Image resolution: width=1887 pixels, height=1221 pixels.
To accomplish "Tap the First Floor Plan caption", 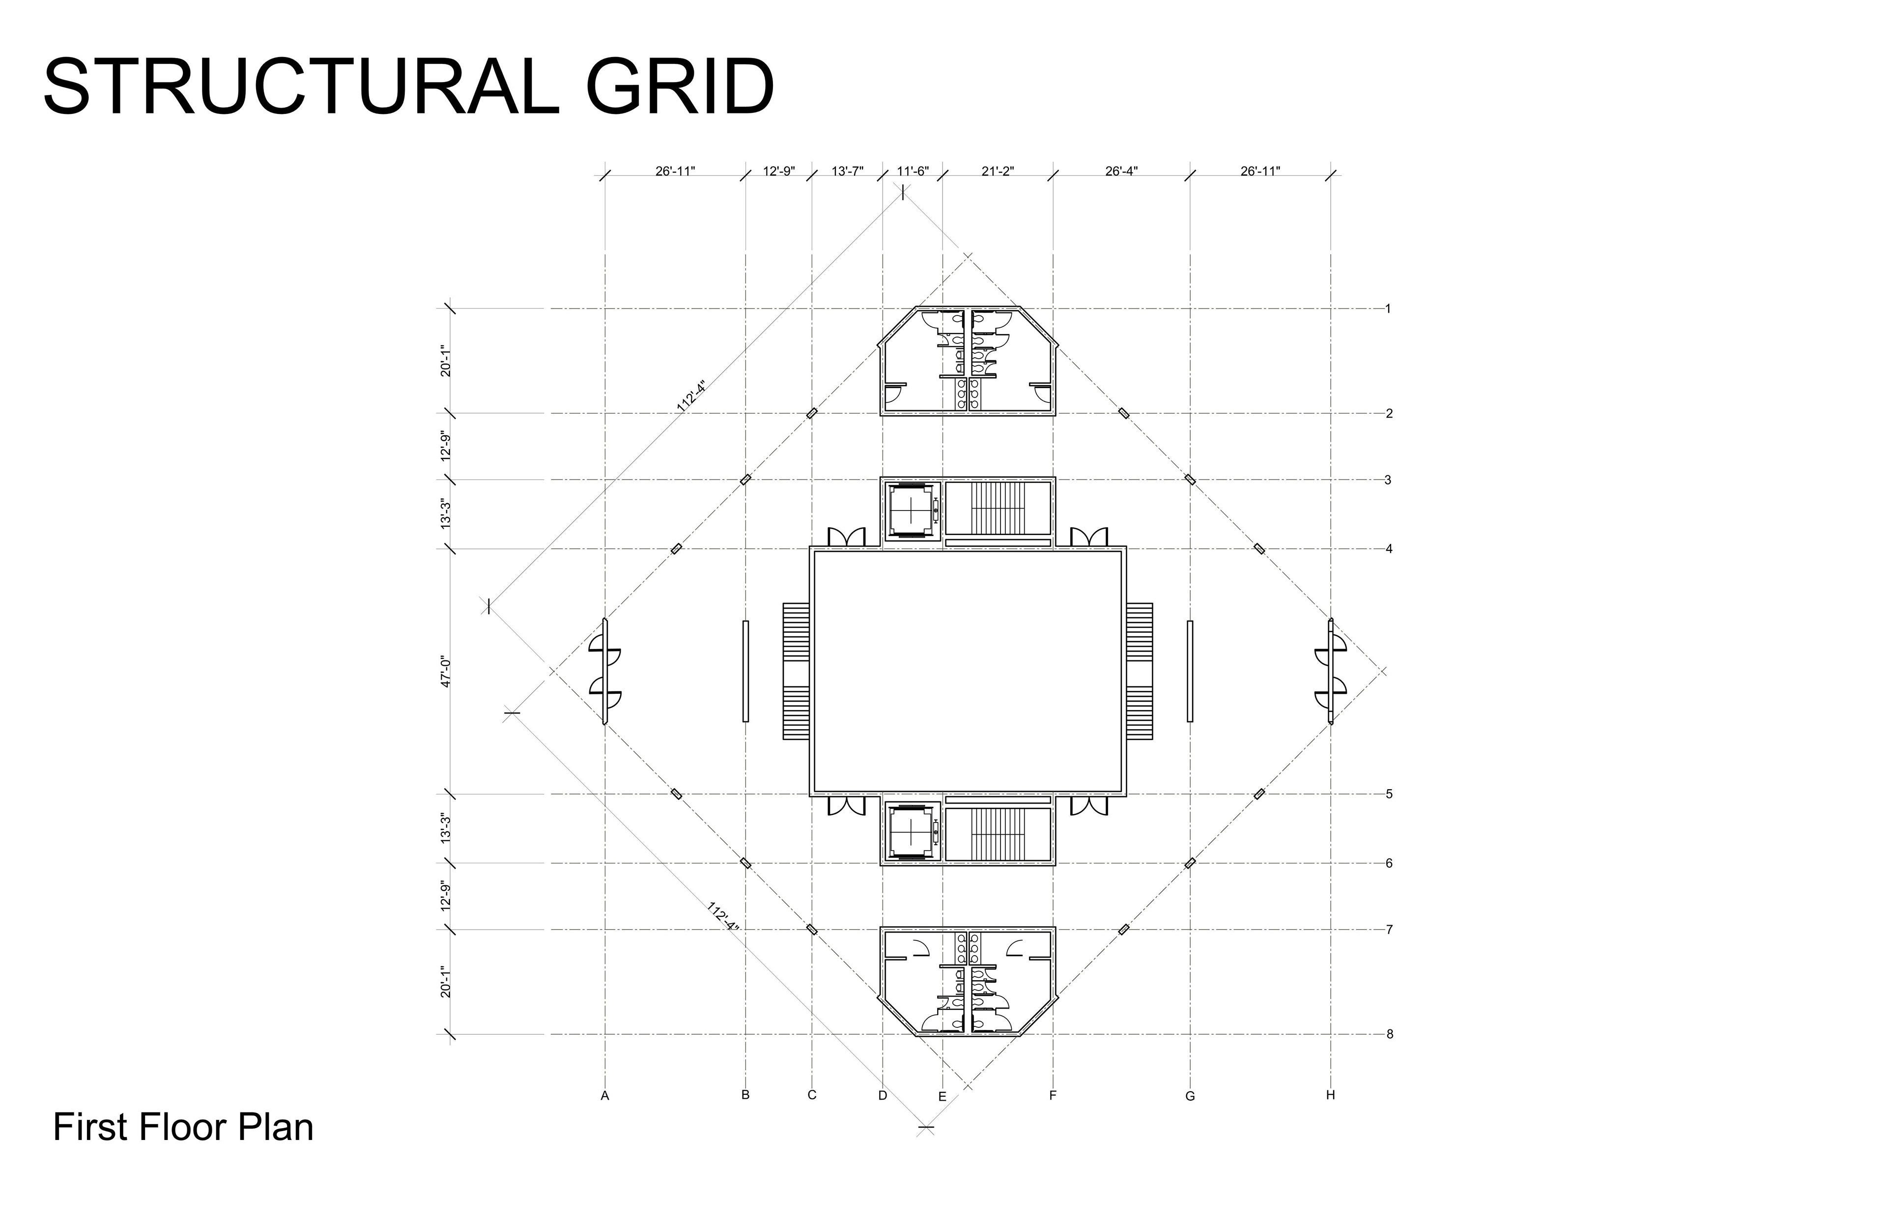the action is (183, 1128).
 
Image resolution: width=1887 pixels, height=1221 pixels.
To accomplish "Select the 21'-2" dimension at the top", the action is (998, 171).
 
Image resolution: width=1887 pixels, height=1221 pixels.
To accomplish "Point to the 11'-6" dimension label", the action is (913, 171).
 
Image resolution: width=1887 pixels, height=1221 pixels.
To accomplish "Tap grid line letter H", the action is (1330, 1095).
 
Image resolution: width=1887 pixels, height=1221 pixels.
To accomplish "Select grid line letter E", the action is (942, 1097).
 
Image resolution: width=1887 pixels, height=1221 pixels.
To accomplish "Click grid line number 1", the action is (1388, 309).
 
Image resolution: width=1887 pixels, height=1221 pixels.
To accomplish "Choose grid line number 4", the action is (1389, 549).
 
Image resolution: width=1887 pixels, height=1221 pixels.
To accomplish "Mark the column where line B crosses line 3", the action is (745, 480).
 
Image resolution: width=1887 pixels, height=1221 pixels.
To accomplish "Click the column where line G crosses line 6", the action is (1190, 863).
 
